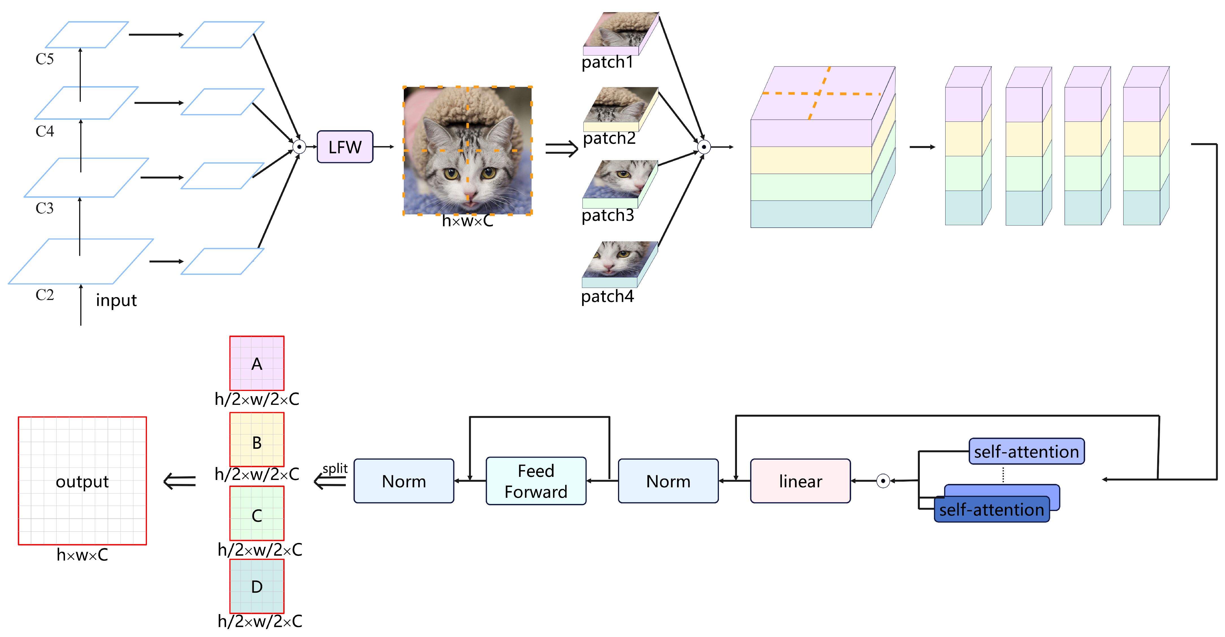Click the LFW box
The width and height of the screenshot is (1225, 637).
coord(345,147)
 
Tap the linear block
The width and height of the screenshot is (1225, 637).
coord(800,481)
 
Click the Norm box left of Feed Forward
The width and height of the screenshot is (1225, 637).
coord(404,481)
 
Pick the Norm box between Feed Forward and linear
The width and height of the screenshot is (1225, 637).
coord(668,481)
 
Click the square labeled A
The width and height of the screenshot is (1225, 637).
coord(257,364)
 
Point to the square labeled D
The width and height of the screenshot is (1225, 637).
coord(257,587)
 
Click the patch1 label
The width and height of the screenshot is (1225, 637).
coord(607,62)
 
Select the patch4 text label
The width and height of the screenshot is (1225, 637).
coord(607,296)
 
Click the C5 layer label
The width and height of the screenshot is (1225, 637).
coord(45,59)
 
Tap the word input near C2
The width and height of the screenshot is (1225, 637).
coord(116,301)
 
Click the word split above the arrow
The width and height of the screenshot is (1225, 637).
coord(335,468)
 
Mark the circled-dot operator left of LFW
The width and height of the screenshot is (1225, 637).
coord(299,147)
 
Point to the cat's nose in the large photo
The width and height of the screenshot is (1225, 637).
coord(470,195)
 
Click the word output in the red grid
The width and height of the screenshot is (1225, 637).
coord(82,482)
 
